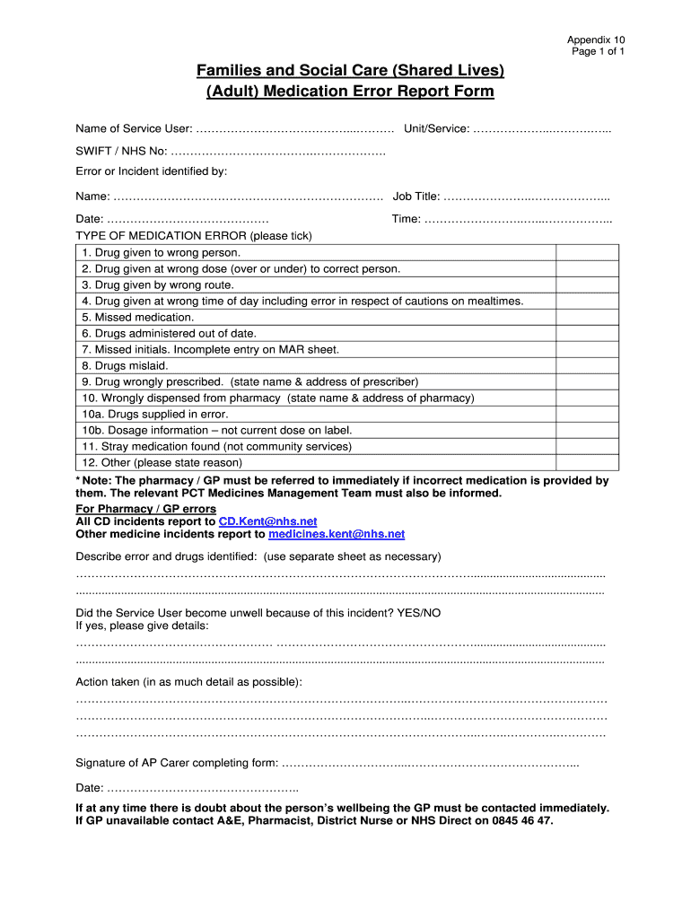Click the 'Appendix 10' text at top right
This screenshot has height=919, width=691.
595,39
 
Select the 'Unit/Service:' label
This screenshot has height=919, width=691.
436,129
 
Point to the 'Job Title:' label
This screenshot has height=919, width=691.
416,197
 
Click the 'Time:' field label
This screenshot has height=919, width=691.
407,219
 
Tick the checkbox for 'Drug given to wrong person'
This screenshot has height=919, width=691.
587,252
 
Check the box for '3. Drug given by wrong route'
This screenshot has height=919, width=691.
587,284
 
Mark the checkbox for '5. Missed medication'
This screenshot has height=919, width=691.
587,317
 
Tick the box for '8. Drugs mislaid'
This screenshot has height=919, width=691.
587,365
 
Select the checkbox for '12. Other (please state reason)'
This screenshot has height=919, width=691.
587,462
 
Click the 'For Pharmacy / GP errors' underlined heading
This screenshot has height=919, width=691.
145,509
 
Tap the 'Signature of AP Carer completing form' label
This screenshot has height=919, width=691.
177,763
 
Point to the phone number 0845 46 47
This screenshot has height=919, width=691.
523,820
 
